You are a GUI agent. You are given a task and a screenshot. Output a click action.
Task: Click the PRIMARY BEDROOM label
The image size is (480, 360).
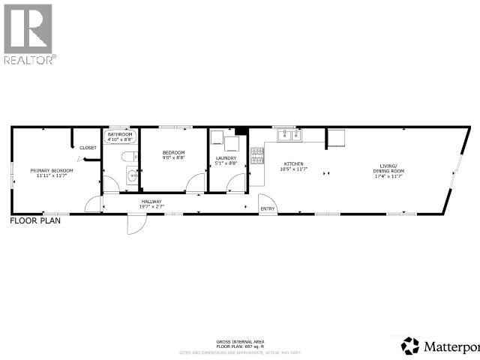click(x=52, y=170)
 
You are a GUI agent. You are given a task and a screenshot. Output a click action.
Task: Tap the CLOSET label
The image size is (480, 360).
click(x=88, y=148)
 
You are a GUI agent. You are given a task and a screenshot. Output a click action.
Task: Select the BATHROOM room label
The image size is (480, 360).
click(x=120, y=134)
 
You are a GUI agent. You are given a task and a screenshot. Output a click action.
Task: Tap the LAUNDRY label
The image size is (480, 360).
click(x=226, y=157)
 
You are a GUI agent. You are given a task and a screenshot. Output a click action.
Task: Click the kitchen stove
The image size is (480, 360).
click(x=257, y=157)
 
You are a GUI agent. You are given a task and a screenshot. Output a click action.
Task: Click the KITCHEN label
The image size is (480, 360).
click(x=293, y=163)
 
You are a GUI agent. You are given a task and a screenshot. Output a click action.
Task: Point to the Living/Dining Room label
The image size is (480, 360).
click(x=388, y=168)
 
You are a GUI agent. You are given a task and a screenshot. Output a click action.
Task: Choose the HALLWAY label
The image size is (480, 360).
click(x=151, y=201)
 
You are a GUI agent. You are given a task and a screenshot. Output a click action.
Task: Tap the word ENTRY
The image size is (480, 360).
click(x=267, y=208)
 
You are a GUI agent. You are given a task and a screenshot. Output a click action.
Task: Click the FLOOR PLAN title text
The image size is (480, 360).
click(x=34, y=221)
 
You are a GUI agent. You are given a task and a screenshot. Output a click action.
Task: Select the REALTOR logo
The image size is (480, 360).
click(x=28, y=34)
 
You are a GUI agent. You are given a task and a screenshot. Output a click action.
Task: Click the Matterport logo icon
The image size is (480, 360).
click(x=410, y=346)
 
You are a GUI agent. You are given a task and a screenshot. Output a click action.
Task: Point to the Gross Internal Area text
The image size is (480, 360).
click(x=239, y=341)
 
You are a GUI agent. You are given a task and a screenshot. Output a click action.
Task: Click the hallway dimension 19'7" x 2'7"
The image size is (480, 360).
click(x=151, y=206)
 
